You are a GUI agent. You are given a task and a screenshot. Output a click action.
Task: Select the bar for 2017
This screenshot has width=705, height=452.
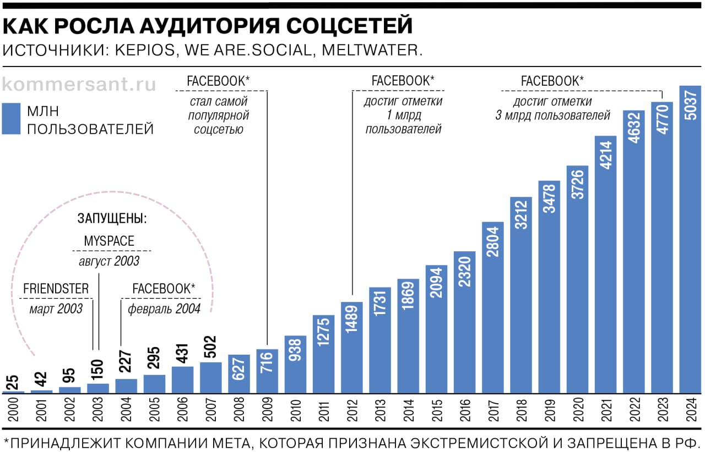point(493,308)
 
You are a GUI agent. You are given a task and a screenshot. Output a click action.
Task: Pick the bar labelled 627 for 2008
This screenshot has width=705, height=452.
point(239,374)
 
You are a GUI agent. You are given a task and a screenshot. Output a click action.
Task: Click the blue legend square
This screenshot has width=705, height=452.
point(11,119)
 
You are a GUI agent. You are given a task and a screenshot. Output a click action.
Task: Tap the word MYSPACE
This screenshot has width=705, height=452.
point(109,241)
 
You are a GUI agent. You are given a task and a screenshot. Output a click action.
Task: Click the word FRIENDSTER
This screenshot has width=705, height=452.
point(56,289)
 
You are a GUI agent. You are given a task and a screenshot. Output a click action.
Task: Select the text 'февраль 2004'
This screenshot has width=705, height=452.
point(164,309)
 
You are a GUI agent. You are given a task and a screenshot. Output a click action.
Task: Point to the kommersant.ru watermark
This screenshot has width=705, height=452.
point(79,85)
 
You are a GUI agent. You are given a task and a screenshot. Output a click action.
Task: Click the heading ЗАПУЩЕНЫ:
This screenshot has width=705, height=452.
point(112,218)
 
